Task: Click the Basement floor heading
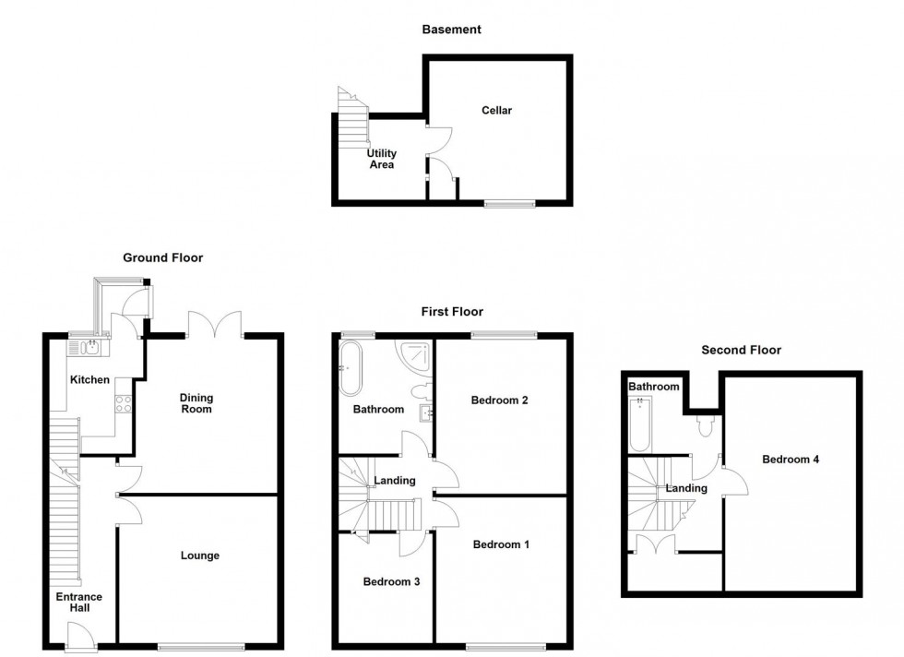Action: pyautogui.click(x=451, y=30)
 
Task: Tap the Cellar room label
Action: pyautogui.click(x=496, y=111)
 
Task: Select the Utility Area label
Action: pyautogui.click(x=381, y=159)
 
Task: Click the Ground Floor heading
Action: pyautogui.click(x=163, y=258)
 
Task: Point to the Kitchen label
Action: pyautogui.click(x=90, y=379)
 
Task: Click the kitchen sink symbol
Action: pyautogui.click(x=90, y=348)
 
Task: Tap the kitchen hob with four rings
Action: pyautogui.click(x=123, y=403)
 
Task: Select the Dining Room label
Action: pyautogui.click(x=196, y=402)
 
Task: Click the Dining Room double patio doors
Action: pyautogui.click(x=214, y=325)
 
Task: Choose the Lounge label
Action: pyautogui.click(x=199, y=555)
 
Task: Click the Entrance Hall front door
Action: pyautogui.click(x=80, y=637)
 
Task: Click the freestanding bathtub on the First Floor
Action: pyautogui.click(x=351, y=366)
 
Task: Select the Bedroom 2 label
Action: pyautogui.click(x=499, y=400)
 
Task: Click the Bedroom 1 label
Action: pyautogui.click(x=501, y=544)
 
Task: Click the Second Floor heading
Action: pyautogui.click(x=741, y=351)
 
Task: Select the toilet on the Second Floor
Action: pyautogui.click(x=707, y=424)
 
